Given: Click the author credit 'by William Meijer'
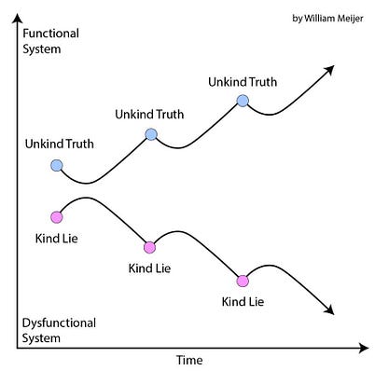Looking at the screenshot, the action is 327,19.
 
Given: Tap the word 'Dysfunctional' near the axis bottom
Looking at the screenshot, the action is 59,323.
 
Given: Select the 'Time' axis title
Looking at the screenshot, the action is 189,360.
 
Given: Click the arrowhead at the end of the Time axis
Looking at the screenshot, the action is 363,348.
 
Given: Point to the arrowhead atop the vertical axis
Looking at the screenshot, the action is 18,18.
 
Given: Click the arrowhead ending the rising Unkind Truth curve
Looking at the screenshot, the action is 329,70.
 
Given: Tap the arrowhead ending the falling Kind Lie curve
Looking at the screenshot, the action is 329,309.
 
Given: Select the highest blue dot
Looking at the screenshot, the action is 243,101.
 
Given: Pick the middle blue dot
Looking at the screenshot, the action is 151,134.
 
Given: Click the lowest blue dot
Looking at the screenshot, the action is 56,165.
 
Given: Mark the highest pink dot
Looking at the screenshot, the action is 56,217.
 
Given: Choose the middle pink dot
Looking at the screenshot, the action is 149,247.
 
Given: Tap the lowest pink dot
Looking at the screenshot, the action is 243,282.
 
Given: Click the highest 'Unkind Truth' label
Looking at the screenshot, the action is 243,82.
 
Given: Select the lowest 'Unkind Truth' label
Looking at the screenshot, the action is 60,144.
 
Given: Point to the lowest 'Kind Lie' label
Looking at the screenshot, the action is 243,302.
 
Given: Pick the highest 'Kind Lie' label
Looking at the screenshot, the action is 56,239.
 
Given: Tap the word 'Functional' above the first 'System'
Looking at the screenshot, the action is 50,34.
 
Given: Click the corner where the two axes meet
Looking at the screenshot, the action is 18,348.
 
